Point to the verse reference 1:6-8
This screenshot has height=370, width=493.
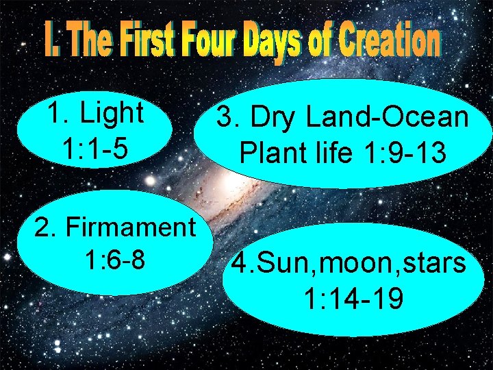(x=114, y=260)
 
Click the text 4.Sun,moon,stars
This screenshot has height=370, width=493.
(x=349, y=262)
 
